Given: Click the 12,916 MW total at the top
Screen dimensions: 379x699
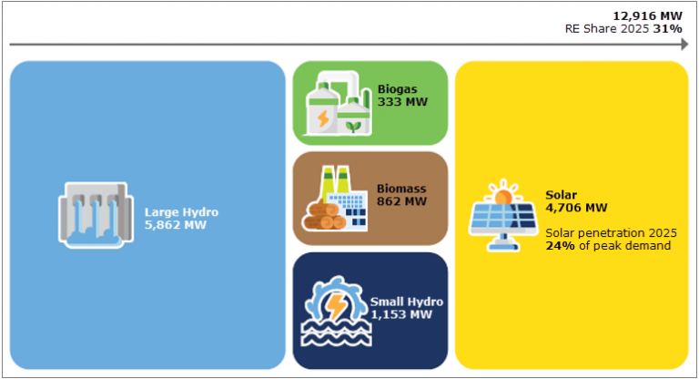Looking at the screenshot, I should [x=647, y=15].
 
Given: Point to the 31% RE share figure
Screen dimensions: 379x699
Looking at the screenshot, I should [x=669, y=29].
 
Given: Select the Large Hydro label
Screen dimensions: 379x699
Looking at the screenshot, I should [x=181, y=212].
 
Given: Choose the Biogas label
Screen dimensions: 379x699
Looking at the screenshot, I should [x=399, y=89].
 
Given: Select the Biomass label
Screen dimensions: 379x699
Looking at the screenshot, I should [x=402, y=189].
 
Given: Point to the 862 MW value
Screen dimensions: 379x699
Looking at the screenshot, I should [x=401, y=200].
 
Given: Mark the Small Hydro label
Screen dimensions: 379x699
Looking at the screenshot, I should [x=407, y=302].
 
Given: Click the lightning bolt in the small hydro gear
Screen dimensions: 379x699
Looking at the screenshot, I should [x=336, y=303].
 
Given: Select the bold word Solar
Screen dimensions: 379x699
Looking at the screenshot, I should [x=561, y=195].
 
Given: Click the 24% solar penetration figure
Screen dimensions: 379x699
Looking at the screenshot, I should [x=559, y=245].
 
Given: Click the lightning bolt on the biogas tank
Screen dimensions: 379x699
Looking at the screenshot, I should [x=322, y=118].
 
